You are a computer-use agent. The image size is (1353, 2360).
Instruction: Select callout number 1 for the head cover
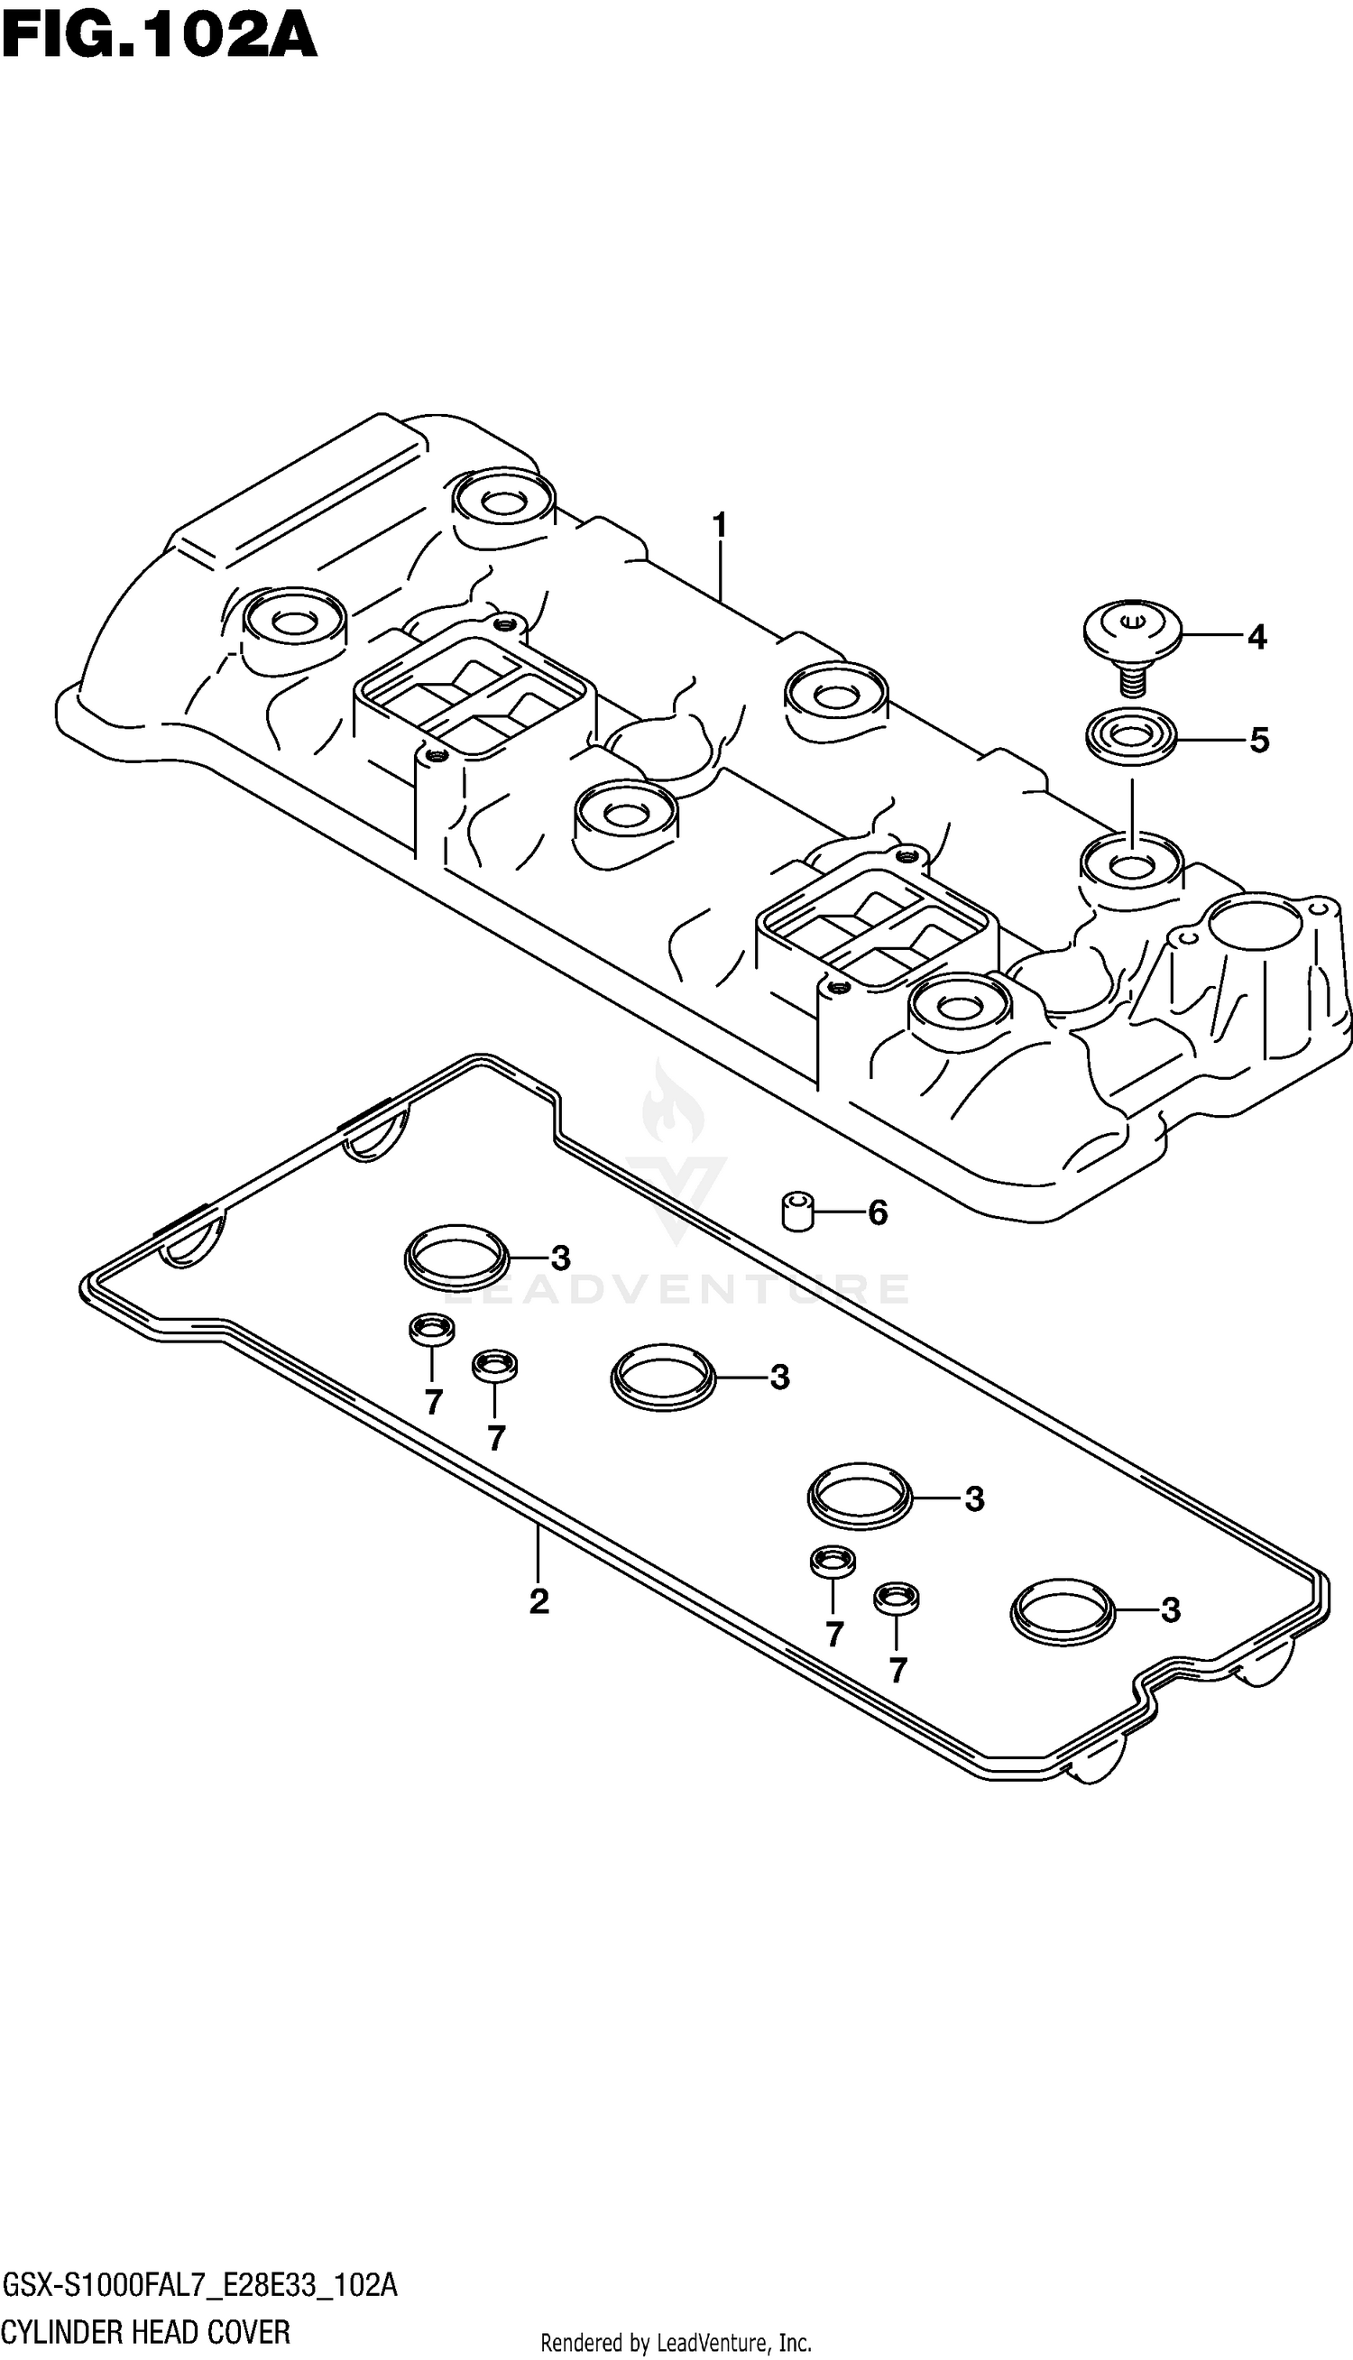pyautogui.click(x=719, y=526)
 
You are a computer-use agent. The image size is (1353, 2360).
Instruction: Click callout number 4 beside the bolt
pyautogui.click(x=1256, y=638)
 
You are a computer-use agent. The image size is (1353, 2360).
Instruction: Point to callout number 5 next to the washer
pyautogui.click(x=1258, y=741)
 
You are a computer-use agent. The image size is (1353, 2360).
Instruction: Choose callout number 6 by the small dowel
pyautogui.click(x=878, y=1212)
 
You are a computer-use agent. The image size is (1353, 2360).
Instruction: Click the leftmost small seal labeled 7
pyautogui.click(x=432, y=1330)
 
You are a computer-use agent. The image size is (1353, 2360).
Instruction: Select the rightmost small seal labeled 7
pyautogui.click(x=897, y=1598)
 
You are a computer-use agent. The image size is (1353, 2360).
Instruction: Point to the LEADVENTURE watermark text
pyautogui.click(x=676, y=1290)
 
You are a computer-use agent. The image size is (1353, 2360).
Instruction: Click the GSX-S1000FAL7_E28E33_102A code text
pyautogui.click(x=198, y=2287)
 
